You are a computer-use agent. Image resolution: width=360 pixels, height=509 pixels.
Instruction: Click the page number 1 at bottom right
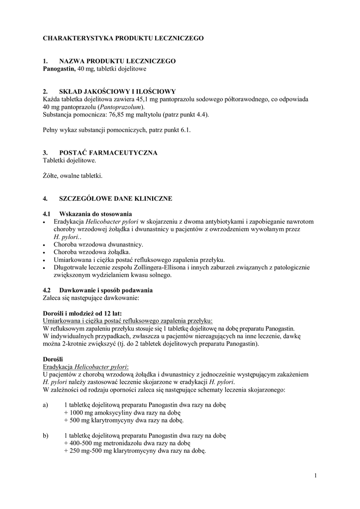click(x=315, y=476)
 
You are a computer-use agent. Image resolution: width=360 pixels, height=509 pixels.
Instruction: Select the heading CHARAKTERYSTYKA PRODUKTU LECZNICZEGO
click(x=123, y=38)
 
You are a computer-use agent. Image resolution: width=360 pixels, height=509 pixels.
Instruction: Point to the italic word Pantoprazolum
click(x=120, y=107)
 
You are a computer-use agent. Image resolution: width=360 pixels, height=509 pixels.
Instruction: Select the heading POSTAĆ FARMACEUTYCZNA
click(x=108, y=153)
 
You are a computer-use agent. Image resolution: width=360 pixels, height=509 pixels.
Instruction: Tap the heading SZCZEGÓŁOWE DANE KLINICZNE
click(x=115, y=199)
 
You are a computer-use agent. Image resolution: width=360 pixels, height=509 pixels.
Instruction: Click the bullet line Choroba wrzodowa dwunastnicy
click(x=98, y=245)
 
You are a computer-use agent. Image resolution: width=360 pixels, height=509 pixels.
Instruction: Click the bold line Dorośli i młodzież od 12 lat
click(x=82, y=313)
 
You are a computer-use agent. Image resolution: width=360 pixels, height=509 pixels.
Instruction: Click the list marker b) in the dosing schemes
click(x=46, y=435)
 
